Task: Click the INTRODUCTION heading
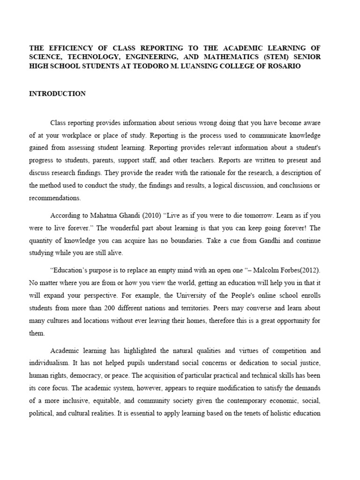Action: [x=57, y=94]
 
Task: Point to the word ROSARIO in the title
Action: [x=283, y=67]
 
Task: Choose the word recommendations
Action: [x=54, y=198]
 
